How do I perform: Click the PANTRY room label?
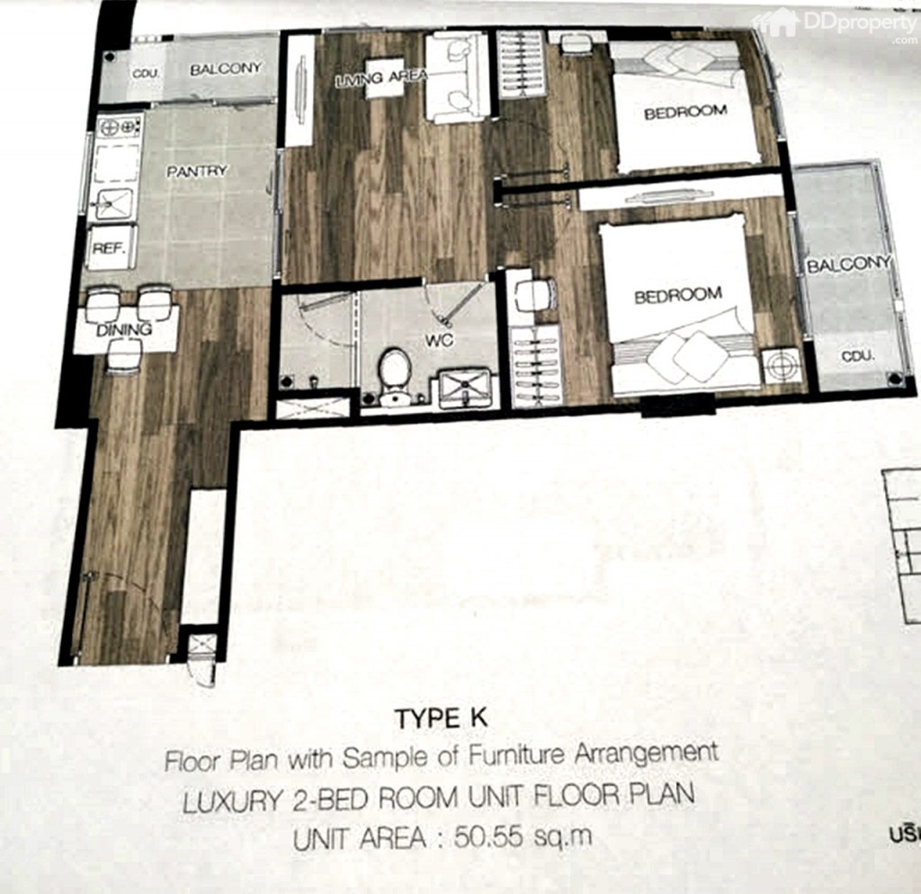coord(198,171)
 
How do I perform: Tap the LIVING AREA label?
coord(369,80)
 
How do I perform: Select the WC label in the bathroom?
coord(438,342)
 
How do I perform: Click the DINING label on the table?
coord(125,330)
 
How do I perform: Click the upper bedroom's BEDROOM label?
coord(684,112)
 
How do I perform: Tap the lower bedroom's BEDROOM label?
coord(677,295)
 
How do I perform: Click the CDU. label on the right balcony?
coord(858,356)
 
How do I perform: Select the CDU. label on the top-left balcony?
coord(145,73)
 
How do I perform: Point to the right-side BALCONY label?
coord(847,264)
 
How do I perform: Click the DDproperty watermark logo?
coord(836,25)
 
